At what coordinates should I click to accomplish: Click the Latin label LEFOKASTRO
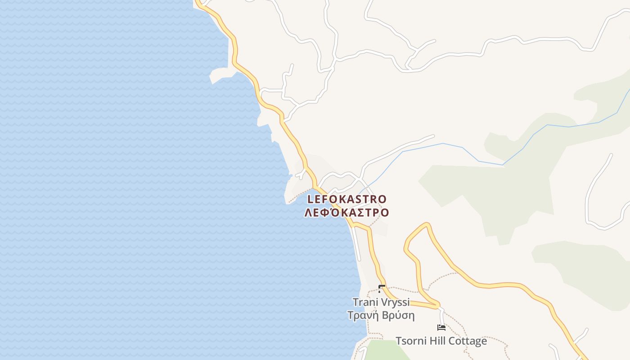pyautogui.click(x=347, y=199)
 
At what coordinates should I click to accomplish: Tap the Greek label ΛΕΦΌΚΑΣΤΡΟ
pyautogui.click(x=346, y=212)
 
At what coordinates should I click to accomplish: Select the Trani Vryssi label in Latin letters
pyautogui.click(x=381, y=302)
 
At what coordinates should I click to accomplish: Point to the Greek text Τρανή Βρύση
pyautogui.click(x=381, y=315)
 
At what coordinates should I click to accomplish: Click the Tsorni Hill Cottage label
pyautogui.click(x=441, y=341)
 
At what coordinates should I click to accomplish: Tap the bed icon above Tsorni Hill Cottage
pyautogui.click(x=441, y=328)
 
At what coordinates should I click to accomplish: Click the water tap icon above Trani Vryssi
pyautogui.click(x=382, y=288)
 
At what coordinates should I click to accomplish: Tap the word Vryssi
pyautogui.click(x=394, y=302)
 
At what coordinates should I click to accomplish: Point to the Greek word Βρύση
pyautogui.click(x=398, y=315)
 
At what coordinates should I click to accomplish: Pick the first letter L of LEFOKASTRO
pyautogui.click(x=310, y=199)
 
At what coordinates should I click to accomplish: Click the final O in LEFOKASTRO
pyautogui.click(x=382, y=199)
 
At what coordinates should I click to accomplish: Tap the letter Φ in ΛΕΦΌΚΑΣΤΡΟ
pyautogui.click(x=324, y=212)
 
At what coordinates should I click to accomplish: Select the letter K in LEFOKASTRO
pyautogui.click(x=339, y=199)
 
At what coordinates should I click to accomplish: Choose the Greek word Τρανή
pyautogui.click(x=363, y=315)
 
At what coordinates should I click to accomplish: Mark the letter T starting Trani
pyautogui.click(x=355, y=302)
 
